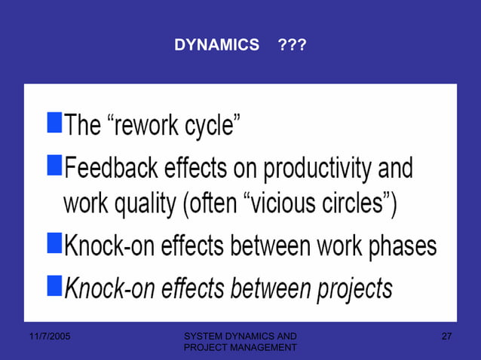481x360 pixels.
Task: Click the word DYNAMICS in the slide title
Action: [x=216, y=46]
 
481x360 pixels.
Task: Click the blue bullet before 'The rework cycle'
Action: [x=54, y=121]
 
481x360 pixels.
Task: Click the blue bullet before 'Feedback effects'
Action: [x=54, y=165]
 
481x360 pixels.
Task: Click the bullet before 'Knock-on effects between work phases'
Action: [x=54, y=243]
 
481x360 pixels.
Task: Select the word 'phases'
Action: [x=404, y=246]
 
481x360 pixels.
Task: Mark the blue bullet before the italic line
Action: [x=54, y=284]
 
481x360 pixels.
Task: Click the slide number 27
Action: [x=446, y=335]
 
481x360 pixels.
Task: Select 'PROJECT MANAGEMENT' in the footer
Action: [x=240, y=347]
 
